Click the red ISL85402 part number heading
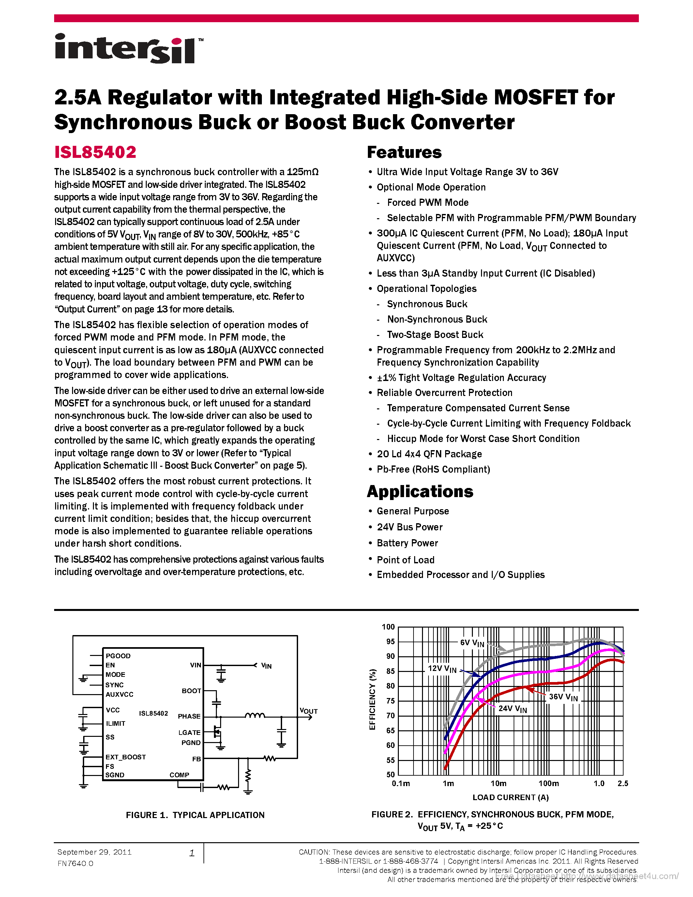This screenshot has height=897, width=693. click(x=95, y=152)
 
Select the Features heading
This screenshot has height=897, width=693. click(x=404, y=152)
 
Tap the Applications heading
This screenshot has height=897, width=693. click(x=420, y=492)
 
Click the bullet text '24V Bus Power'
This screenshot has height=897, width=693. click(x=409, y=527)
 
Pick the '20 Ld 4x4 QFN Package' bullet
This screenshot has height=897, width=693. click(x=429, y=454)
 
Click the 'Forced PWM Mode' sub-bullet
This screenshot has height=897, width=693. click(x=428, y=203)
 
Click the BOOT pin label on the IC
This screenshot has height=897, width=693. click(x=191, y=691)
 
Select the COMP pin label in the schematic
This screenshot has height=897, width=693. click(x=179, y=775)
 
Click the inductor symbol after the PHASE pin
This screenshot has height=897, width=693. click(x=255, y=716)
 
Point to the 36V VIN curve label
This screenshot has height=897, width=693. click(x=563, y=697)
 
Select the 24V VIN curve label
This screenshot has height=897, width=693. click(x=512, y=709)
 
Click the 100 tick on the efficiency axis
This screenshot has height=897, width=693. click(x=388, y=627)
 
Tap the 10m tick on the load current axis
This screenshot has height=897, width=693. click(x=498, y=783)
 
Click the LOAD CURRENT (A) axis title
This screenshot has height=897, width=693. click(x=510, y=797)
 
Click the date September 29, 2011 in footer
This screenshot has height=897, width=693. click(x=95, y=852)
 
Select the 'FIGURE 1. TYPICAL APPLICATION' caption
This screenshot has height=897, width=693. click(x=195, y=815)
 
